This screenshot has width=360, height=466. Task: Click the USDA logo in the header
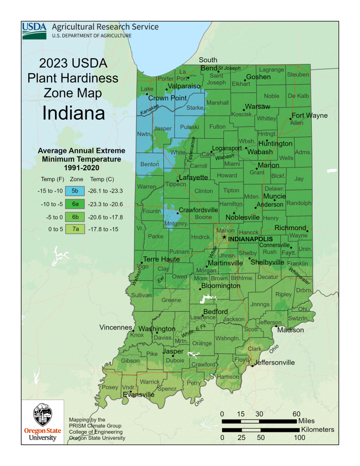[34, 30]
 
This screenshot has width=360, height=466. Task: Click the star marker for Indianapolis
[224, 238]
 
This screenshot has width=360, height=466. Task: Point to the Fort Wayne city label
[309, 116]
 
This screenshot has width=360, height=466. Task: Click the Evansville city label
[139, 395]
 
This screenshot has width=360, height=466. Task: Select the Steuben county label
[298, 74]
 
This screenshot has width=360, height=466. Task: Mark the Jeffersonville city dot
[252, 365]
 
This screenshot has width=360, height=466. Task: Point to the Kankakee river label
[149, 110]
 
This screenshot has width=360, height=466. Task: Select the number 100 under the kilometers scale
[299, 438]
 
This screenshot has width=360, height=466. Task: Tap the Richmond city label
[290, 228]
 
